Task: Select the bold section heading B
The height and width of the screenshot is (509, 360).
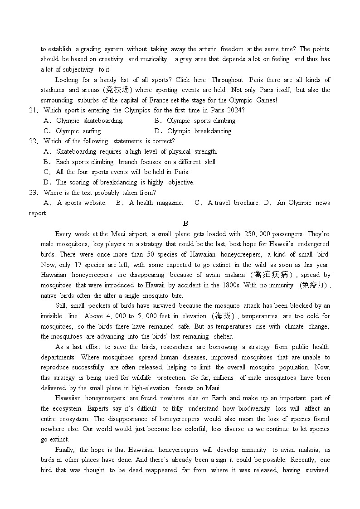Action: click(185, 223)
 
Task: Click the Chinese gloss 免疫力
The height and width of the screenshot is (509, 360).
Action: click(314, 286)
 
